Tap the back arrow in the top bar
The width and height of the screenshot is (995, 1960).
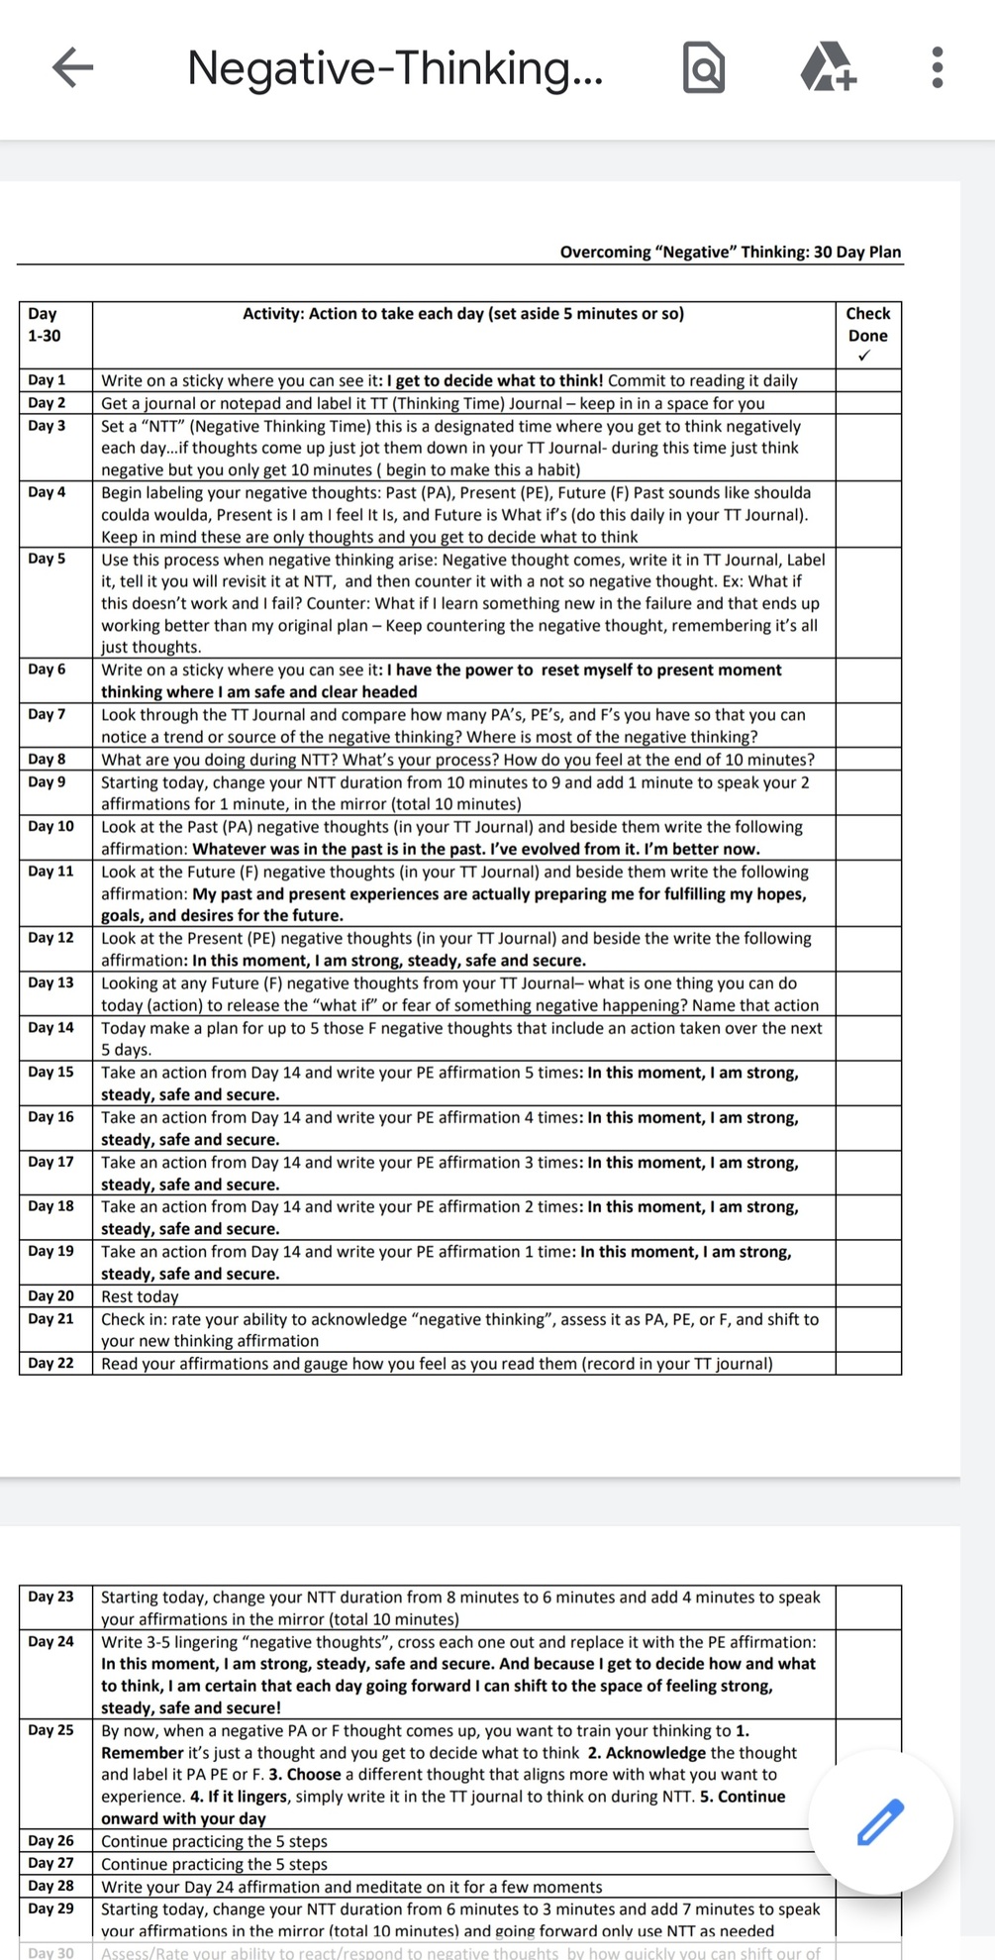(72, 67)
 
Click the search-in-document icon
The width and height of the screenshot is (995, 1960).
(704, 67)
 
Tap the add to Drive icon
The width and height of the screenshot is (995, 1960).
(828, 67)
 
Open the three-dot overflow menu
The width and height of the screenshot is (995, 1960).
(938, 67)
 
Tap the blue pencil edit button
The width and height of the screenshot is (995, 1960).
(880, 1822)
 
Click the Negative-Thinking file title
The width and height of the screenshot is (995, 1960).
(394, 67)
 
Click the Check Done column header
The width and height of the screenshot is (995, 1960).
(868, 325)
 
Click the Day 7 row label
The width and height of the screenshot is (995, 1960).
(47, 714)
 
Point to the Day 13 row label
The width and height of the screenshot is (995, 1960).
(50, 982)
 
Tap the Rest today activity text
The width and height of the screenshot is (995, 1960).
(140, 1296)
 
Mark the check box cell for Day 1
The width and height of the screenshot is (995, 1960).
(868, 380)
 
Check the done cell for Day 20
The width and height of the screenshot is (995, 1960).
(868, 1296)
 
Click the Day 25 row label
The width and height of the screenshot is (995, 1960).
(50, 1730)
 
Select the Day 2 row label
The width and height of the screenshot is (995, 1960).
(47, 403)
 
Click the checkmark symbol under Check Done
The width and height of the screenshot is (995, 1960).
(864, 356)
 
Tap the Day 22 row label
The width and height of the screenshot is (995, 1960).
(50, 1363)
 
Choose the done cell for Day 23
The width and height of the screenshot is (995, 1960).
(868, 1607)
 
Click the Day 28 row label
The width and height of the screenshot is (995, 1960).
(50, 1886)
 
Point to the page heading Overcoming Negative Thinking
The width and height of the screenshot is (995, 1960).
(731, 252)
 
